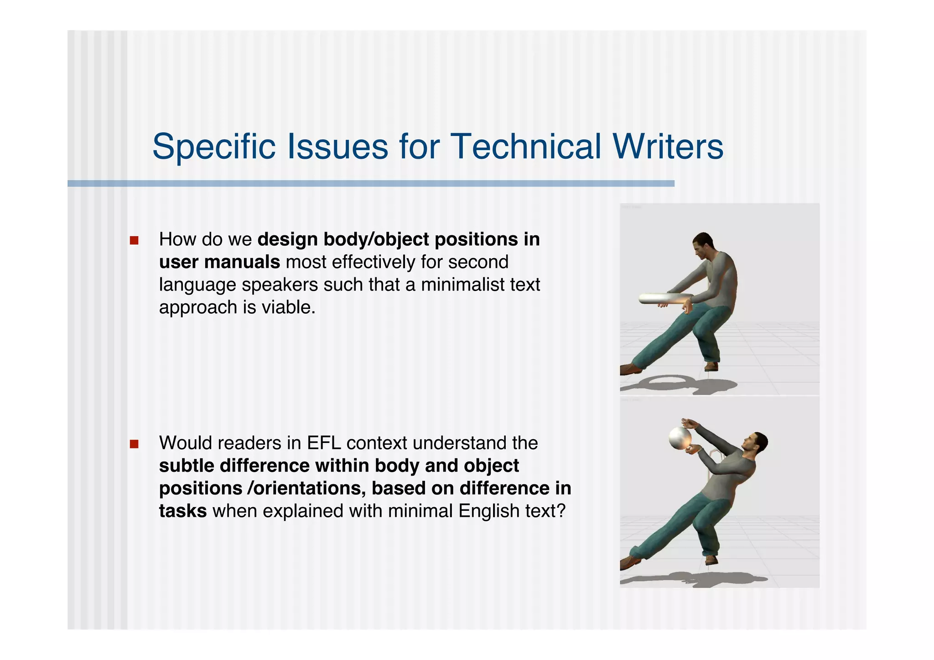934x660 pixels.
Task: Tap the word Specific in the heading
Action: coord(214,146)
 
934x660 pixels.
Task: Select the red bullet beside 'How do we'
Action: coord(134,240)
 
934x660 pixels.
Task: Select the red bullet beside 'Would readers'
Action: coord(134,444)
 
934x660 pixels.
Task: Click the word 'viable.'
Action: coord(288,307)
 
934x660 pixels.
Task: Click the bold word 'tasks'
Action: coord(183,511)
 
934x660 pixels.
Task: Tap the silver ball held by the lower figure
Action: coord(680,438)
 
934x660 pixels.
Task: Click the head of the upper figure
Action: coord(702,244)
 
